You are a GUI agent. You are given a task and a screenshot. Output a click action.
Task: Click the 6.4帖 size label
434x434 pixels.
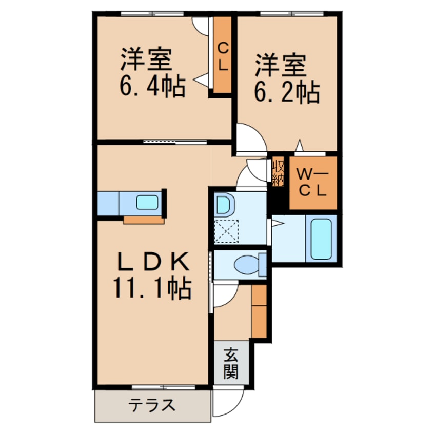coord(152,87)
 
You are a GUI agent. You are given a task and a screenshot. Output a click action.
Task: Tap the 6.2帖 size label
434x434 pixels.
coord(287,93)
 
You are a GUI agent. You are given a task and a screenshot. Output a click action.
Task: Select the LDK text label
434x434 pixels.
coord(153,261)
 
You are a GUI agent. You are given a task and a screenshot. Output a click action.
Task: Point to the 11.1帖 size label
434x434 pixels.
coord(152,288)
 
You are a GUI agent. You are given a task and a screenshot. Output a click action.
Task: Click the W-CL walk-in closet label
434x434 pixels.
coord(313,183)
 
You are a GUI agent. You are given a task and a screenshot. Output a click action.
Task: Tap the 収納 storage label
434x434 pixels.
coord(278,172)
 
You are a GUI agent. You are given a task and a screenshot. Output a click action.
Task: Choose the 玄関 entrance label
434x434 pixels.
coord(231,362)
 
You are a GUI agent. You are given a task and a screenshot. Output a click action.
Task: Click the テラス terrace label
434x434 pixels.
coord(152,405)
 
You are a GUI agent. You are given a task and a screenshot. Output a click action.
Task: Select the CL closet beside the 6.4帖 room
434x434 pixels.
coord(222,54)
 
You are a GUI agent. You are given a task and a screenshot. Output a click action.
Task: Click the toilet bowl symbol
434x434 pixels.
coord(247,265)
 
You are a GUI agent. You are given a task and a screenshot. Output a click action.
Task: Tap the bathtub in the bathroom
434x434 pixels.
coord(321,239)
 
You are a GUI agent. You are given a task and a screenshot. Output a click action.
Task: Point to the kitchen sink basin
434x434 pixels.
coord(147,202)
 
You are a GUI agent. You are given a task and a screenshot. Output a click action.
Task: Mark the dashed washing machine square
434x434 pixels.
coord(226,231)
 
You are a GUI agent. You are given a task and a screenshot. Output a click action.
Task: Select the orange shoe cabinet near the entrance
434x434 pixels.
coord(259,311)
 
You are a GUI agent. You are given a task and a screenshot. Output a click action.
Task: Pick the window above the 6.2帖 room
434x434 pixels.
coord(292,13)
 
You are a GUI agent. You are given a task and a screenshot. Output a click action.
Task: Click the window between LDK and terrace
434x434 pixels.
coord(164,387)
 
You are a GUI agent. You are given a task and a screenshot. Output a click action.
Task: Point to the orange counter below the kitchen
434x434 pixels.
coord(144,220)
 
